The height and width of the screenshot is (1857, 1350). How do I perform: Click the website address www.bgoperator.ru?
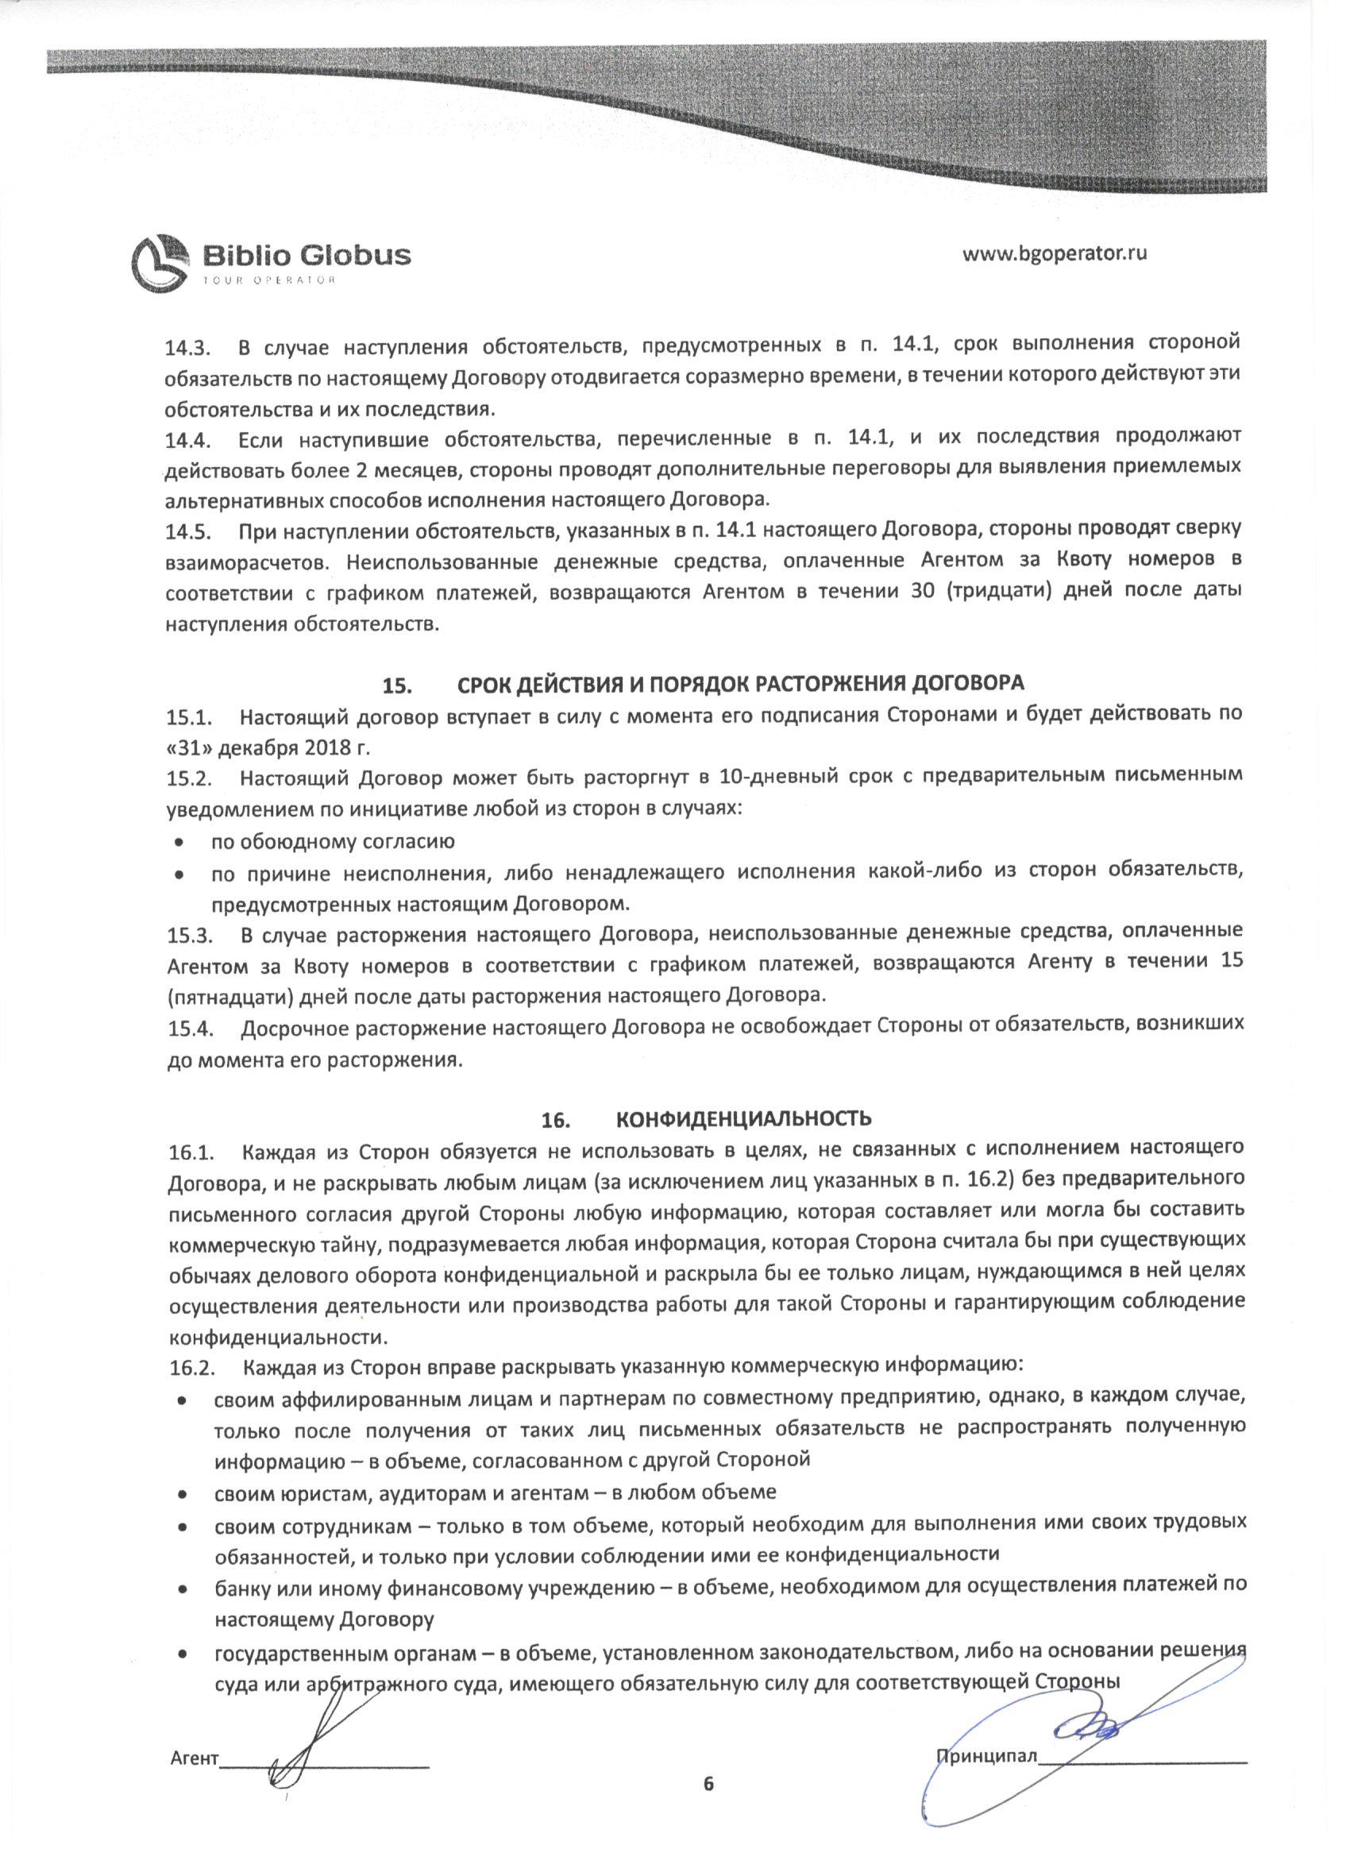pos(1055,253)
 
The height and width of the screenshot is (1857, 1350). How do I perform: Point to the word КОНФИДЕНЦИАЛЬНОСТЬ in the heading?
pos(743,1118)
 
